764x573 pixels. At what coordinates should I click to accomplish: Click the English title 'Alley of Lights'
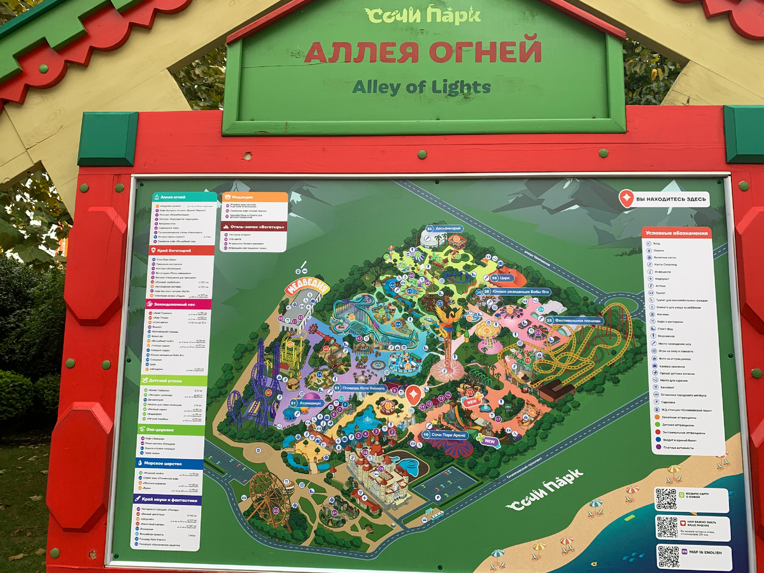(x=421, y=87)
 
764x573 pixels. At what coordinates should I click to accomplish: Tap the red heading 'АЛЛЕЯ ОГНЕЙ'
(x=423, y=52)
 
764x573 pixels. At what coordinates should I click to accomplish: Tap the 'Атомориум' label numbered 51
(x=307, y=404)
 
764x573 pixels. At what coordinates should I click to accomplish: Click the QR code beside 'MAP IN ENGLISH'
(x=668, y=556)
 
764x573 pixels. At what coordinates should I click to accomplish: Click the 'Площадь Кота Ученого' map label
(x=360, y=388)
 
